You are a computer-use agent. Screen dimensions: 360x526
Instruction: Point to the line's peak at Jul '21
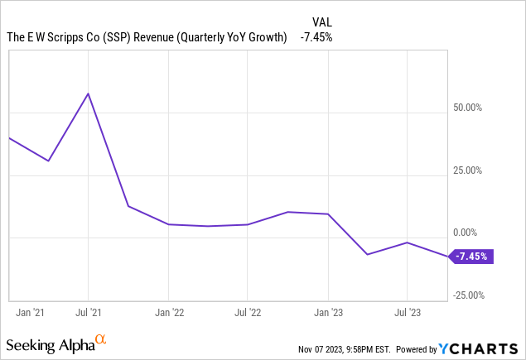coord(88,94)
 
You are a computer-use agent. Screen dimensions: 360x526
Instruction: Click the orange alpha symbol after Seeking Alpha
coord(101,339)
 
